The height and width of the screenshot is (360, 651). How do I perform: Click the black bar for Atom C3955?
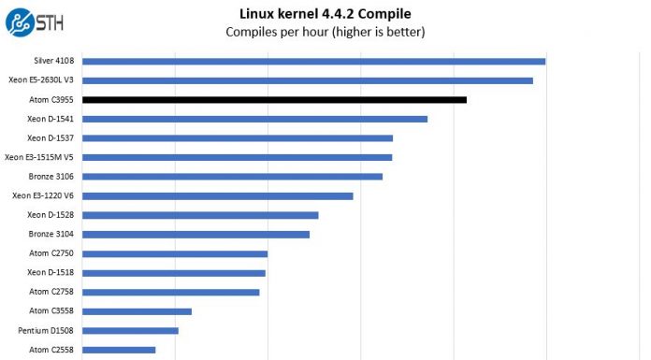tap(274, 99)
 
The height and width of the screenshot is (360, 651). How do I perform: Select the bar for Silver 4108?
tap(313, 62)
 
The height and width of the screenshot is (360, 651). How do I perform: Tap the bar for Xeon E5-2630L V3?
tap(307, 80)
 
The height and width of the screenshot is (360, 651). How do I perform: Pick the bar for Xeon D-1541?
tap(254, 119)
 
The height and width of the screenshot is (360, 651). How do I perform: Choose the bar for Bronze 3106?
tap(232, 176)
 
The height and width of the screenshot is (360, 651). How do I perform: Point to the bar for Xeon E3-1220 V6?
tap(217, 195)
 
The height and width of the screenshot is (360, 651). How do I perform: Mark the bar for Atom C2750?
tap(175, 253)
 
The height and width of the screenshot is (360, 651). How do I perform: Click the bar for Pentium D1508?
tap(130, 330)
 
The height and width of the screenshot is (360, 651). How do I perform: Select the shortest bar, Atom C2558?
tap(119, 350)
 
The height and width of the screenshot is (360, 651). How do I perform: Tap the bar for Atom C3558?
tap(137, 311)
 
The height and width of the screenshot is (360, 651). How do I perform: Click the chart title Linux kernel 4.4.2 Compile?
tap(325, 13)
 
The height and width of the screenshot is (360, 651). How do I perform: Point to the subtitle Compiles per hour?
tap(325, 32)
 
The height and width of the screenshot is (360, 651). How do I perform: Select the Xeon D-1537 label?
tap(51, 138)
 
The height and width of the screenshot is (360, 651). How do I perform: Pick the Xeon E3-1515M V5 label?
tap(39, 157)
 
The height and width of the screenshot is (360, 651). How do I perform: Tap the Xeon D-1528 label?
tap(51, 215)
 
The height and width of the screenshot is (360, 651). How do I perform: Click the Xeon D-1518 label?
tap(51, 272)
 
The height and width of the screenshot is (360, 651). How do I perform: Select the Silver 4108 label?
tap(53, 62)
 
